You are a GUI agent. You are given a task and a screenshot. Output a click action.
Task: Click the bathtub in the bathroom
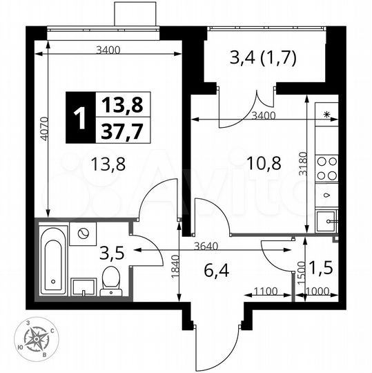52,259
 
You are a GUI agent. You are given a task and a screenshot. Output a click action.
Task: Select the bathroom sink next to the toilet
82,286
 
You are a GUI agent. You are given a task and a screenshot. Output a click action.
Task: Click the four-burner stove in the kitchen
326,169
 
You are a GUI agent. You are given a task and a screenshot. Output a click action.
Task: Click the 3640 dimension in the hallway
206,245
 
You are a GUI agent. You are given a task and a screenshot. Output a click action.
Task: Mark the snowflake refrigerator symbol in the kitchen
326,114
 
